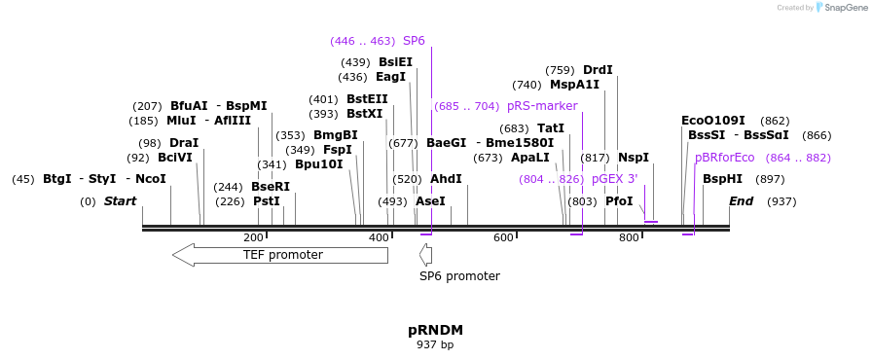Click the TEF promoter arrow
(x=280, y=255)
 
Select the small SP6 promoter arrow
(x=425, y=255)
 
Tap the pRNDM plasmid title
(x=435, y=330)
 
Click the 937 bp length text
(x=435, y=344)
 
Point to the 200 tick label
(x=253, y=237)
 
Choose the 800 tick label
(x=629, y=237)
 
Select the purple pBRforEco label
(x=724, y=158)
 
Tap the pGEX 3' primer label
(x=614, y=179)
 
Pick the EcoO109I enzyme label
(x=713, y=121)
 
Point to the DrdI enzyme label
(x=598, y=70)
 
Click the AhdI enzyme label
(x=446, y=179)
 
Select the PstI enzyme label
(x=267, y=201)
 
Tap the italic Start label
(x=120, y=201)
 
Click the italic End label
(x=742, y=201)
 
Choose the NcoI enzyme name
(x=150, y=179)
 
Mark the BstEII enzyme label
(x=367, y=99)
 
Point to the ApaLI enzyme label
(x=530, y=158)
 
